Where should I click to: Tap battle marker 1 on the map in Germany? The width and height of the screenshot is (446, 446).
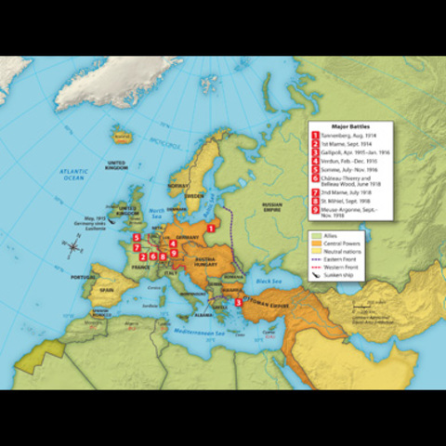tap(212, 227)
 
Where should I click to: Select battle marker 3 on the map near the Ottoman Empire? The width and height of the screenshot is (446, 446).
tap(239, 302)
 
